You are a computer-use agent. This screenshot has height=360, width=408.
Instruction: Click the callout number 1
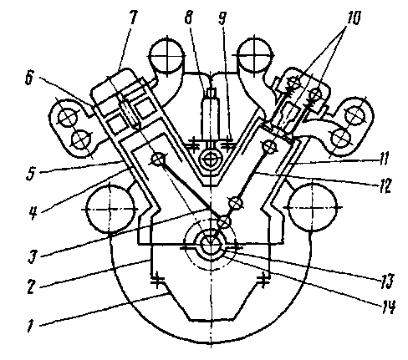(x=30, y=326)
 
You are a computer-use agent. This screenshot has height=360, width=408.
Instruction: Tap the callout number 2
(x=31, y=286)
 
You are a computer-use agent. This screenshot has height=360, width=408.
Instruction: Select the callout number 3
(x=32, y=256)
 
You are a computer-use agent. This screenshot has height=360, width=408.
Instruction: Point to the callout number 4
(x=33, y=213)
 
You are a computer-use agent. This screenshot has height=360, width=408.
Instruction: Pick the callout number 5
(x=30, y=174)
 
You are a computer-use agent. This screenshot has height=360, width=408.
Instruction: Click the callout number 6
(x=29, y=78)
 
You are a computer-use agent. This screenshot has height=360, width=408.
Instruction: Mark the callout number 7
(x=132, y=18)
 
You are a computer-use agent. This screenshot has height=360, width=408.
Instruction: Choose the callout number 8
(x=188, y=18)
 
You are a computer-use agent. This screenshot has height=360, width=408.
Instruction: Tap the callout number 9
(x=222, y=18)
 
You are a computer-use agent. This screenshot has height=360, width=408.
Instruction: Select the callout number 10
(x=353, y=18)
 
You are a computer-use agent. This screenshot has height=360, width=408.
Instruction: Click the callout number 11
(x=384, y=159)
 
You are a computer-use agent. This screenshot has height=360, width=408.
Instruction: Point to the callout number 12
(x=385, y=186)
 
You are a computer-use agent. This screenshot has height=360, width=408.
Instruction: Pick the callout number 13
(x=386, y=281)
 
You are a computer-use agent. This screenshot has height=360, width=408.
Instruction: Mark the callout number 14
(x=388, y=307)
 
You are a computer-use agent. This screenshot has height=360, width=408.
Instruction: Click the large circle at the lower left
(x=110, y=208)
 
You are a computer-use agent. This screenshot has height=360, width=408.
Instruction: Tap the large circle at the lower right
(x=312, y=207)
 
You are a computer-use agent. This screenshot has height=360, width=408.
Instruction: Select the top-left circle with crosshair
(x=166, y=56)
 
